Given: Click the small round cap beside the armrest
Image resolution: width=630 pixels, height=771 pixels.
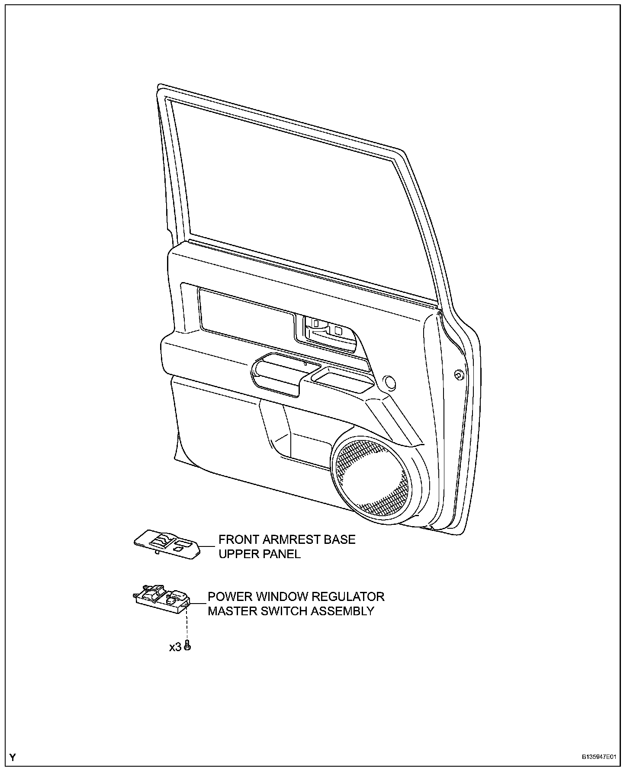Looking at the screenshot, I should pyautogui.click(x=390, y=382).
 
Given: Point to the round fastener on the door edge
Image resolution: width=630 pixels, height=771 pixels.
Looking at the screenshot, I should pyautogui.click(x=458, y=375).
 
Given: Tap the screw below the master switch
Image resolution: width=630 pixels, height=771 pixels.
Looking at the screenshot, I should pyautogui.click(x=187, y=646).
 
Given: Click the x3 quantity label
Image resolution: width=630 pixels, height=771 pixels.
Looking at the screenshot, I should pyautogui.click(x=175, y=647).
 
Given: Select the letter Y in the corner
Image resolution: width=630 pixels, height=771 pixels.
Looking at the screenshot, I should pyautogui.click(x=13, y=757).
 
